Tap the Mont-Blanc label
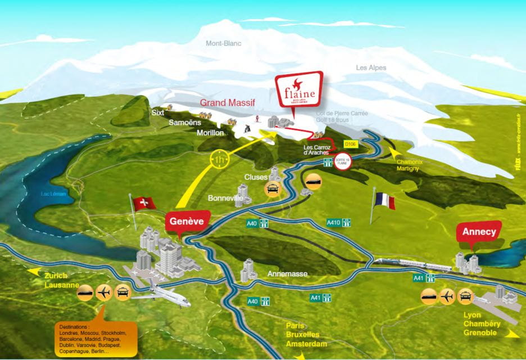click(222, 43)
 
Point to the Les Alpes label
click(371, 68)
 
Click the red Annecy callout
click(479, 232)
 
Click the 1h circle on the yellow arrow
click(220, 160)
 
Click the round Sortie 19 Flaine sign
click(342, 161)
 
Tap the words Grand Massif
click(228, 102)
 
